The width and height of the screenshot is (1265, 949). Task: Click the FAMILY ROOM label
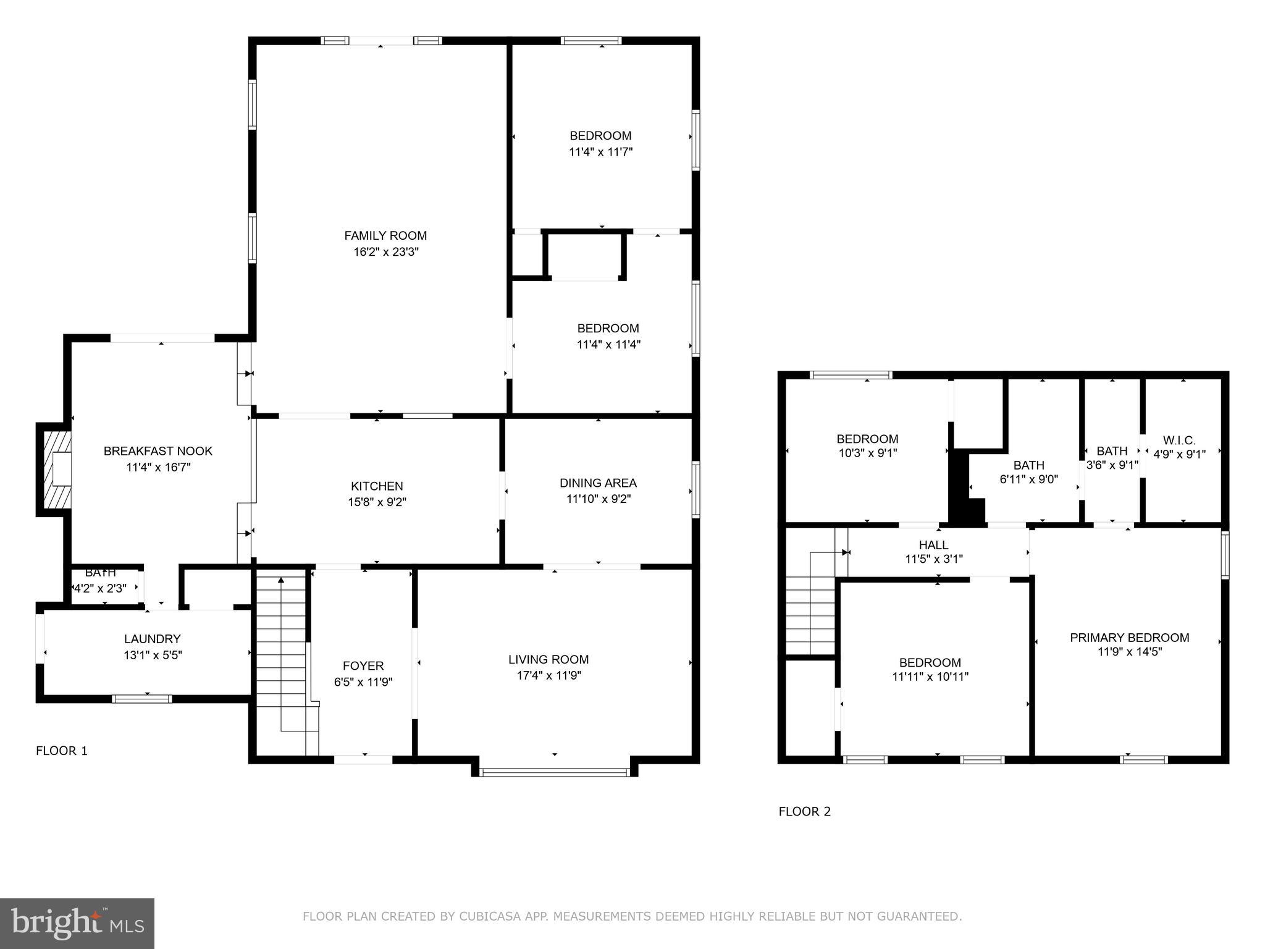[385, 235]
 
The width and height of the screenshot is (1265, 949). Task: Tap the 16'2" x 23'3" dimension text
[385, 251]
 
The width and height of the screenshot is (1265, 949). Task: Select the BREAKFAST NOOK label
[158, 451]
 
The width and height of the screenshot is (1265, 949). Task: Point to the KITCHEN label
[377, 486]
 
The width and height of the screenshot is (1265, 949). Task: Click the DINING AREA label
[598, 483]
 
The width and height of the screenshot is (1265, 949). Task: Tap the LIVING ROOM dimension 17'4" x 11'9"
[548, 675]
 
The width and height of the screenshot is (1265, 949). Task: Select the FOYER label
[363, 665]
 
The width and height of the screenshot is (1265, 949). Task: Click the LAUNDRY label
[152, 639]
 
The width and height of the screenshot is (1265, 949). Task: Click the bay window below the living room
[554, 772]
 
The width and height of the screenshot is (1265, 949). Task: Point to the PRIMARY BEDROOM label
[1129, 638]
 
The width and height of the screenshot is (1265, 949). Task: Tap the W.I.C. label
[1179, 441]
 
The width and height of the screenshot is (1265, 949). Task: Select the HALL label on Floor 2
[933, 545]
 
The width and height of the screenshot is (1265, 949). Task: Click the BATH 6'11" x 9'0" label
[1028, 465]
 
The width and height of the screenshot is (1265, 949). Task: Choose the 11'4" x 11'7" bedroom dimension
[600, 151]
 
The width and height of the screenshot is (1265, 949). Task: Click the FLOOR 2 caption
[804, 811]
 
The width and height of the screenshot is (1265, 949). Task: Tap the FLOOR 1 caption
[62, 751]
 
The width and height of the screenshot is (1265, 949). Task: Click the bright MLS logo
[77, 923]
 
